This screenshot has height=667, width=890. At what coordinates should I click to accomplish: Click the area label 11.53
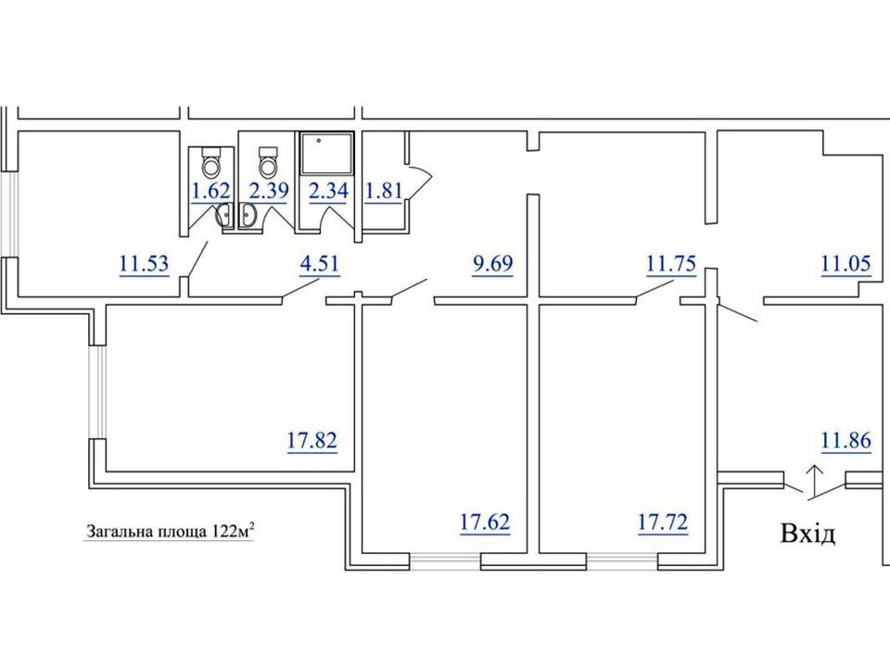[145, 264]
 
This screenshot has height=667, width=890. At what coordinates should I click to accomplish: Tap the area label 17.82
[312, 441]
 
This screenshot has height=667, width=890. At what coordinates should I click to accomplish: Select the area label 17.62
[485, 522]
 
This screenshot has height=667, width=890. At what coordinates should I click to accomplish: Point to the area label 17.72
[663, 522]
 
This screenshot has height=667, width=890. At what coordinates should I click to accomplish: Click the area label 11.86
[846, 441]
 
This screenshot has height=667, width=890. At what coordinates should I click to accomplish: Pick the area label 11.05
[846, 264]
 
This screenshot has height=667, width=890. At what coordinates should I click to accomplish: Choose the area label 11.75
[671, 264]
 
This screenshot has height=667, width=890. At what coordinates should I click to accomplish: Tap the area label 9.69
[492, 264]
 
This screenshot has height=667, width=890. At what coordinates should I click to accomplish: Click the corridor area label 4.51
[320, 264]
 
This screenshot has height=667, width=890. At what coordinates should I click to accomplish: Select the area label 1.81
[384, 191]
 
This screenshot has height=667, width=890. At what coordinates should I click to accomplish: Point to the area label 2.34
[328, 191]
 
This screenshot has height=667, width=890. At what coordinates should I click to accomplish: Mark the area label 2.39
[269, 191]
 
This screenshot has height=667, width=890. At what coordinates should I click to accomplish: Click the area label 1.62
[211, 191]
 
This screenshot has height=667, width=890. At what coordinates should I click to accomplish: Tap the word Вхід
[808, 534]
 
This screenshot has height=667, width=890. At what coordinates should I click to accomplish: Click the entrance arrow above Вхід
[815, 482]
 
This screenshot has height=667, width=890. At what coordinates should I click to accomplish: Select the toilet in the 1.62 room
[211, 161]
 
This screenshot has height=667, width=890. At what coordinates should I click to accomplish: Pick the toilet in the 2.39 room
[267, 161]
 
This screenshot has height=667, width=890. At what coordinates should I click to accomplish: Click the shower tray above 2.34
[326, 153]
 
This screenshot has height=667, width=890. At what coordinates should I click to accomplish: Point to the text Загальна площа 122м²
[170, 533]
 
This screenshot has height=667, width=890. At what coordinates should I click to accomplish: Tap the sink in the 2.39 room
[248, 216]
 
